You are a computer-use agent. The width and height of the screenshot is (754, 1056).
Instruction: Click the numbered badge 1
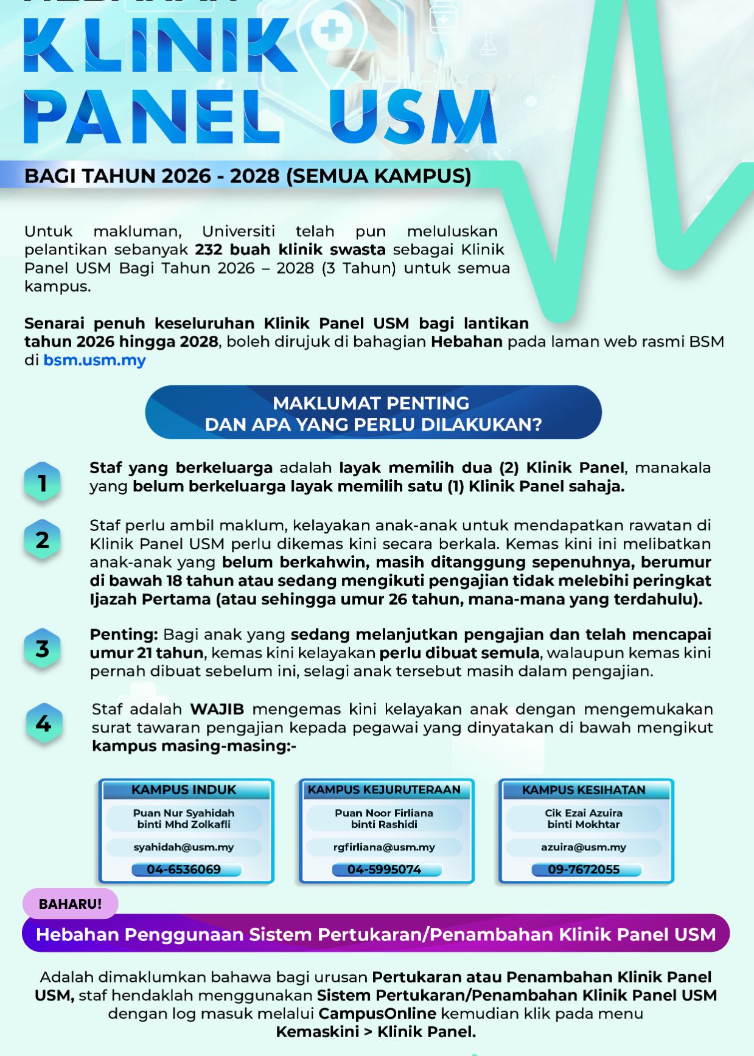(x=42, y=483)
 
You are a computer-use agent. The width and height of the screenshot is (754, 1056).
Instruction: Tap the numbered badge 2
(x=42, y=540)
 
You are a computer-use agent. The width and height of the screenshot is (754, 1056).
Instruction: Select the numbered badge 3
(x=42, y=648)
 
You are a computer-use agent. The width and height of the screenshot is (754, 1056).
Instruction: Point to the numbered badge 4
(x=43, y=723)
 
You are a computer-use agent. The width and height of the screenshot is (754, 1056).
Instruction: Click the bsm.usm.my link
(x=94, y=360)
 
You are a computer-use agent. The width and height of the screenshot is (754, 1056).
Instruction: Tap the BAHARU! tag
(x=70, y=904)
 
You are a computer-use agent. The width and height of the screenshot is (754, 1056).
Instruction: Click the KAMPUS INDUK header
(x=184, y=790)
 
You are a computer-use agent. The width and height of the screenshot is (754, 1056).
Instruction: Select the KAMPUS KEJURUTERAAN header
(x=384, y=790)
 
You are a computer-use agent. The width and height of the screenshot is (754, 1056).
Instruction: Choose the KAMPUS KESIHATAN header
(x=584, y=790)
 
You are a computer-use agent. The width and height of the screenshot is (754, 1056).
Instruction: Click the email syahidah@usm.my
(x=184, y=847)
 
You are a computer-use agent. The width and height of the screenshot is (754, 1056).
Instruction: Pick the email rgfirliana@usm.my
(x=384, y=847)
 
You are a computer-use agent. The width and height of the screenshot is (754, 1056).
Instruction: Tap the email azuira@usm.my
(x=584, y=847)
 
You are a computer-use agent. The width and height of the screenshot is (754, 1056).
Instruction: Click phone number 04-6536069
(x=184, y=869)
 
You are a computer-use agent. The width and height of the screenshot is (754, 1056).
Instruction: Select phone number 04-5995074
(x=384, y=869)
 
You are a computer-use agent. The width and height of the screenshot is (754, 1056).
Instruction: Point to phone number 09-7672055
(x=584, y=869)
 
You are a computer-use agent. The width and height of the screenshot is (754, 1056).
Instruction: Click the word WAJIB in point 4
(x=217, y=709)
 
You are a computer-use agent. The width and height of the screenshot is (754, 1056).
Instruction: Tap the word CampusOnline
(x=377, y=1013)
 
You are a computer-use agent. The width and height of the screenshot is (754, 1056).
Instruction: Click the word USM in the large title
(x=414, y=117)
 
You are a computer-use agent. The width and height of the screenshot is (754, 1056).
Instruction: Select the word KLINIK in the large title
(x=159, y=46)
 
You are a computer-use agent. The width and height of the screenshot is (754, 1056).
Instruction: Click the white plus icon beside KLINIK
(x=331, y=31)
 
